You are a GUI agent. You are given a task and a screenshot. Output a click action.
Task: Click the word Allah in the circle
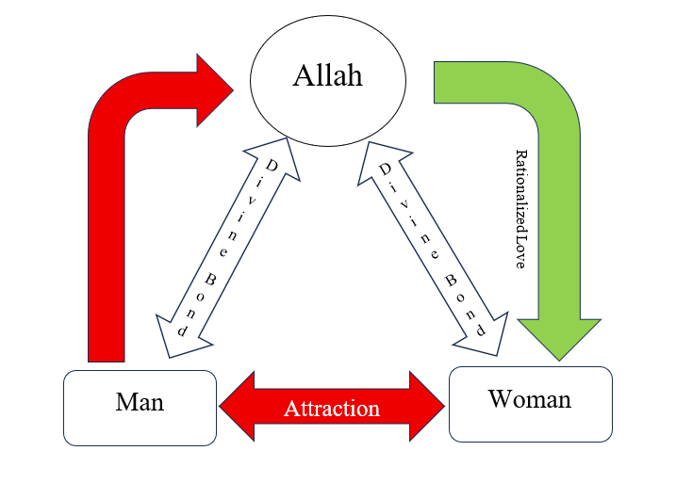(327, 76)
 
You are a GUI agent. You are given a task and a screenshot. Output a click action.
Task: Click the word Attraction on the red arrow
(332, 409)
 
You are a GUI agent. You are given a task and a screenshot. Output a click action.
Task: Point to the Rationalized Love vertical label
(519, 209)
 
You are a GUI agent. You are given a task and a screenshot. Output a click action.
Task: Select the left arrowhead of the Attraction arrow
(237, 406)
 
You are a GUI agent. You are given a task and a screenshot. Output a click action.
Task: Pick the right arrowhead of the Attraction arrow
(428, 406)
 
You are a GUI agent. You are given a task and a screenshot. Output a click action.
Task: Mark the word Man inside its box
(140, 402)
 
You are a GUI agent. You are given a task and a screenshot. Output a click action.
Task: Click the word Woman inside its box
(530, 398)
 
